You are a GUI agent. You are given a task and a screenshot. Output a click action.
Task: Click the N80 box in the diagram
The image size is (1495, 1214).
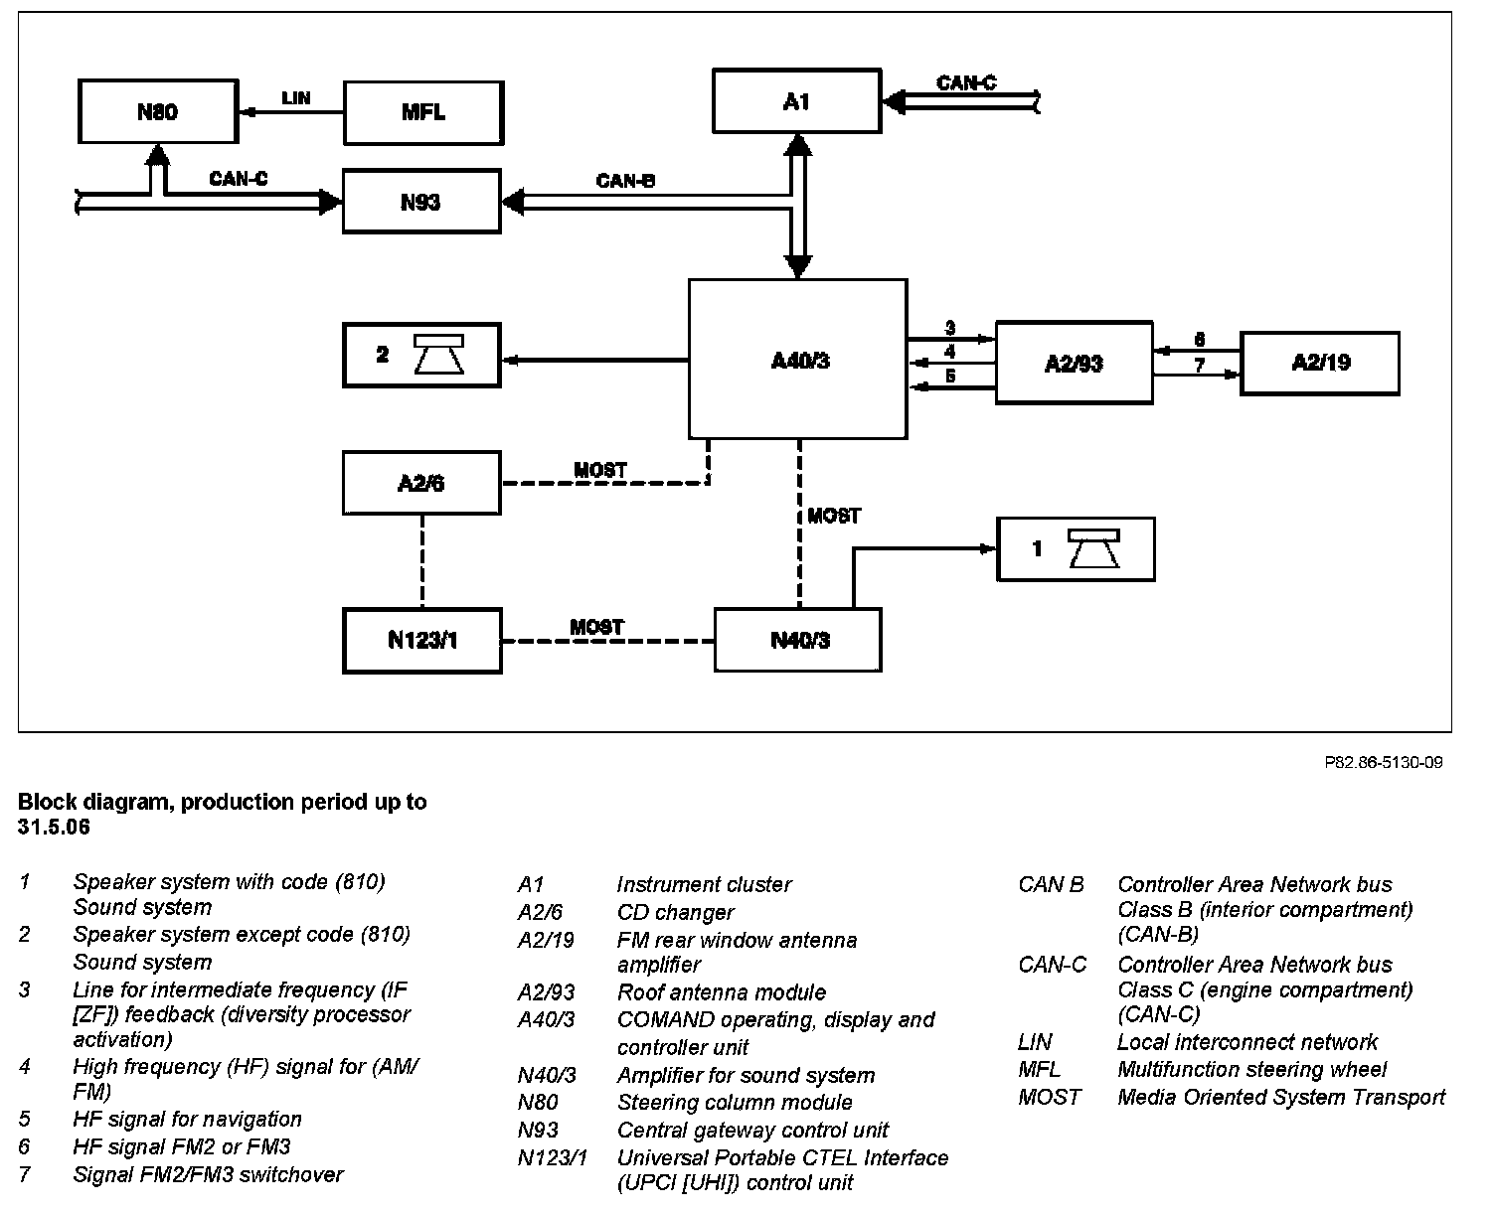156,111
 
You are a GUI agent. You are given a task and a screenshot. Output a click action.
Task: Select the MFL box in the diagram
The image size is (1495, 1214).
422,112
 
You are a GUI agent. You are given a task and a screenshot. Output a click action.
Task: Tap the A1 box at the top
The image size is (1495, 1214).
796,100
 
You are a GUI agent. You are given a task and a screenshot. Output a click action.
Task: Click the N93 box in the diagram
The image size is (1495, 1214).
420,202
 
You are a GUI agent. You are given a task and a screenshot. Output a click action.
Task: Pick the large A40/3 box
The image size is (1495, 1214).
797,359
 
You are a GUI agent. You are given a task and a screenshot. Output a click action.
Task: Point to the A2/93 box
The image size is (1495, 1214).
1074,363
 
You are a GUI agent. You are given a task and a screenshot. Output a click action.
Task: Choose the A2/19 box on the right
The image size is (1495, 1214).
1319,363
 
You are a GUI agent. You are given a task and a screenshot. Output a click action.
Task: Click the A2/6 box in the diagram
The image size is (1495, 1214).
420,483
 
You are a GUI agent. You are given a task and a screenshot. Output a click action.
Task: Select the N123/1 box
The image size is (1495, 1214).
421,639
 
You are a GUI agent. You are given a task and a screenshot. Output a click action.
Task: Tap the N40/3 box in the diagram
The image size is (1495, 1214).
797,640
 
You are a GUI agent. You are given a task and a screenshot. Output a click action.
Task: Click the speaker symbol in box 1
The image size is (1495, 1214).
1093,548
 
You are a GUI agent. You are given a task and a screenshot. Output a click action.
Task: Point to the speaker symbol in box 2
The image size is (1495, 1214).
438,355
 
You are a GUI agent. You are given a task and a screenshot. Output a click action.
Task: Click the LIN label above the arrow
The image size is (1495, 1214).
296,97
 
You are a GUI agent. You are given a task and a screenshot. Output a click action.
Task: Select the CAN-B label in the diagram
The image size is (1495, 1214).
625,181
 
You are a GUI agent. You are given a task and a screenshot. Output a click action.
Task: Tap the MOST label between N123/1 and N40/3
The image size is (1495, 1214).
596,627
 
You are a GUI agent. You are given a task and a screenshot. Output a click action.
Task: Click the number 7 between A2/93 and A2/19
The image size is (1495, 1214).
1200,366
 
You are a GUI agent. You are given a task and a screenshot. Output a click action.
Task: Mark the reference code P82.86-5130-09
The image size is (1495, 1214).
1383,763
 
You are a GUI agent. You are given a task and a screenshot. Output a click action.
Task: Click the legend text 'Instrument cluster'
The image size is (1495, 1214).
704,884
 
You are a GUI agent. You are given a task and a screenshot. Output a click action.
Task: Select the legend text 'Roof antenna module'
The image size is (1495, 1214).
721,992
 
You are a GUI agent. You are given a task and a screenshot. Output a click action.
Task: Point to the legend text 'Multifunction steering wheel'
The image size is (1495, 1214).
1251,1070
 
